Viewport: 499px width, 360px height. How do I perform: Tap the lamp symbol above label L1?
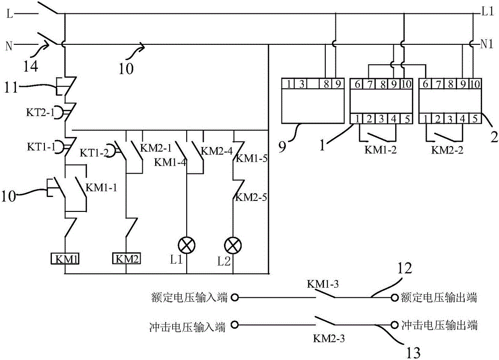click(x=187, y=244)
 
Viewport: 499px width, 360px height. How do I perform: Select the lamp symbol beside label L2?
click(x=232, y=244)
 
